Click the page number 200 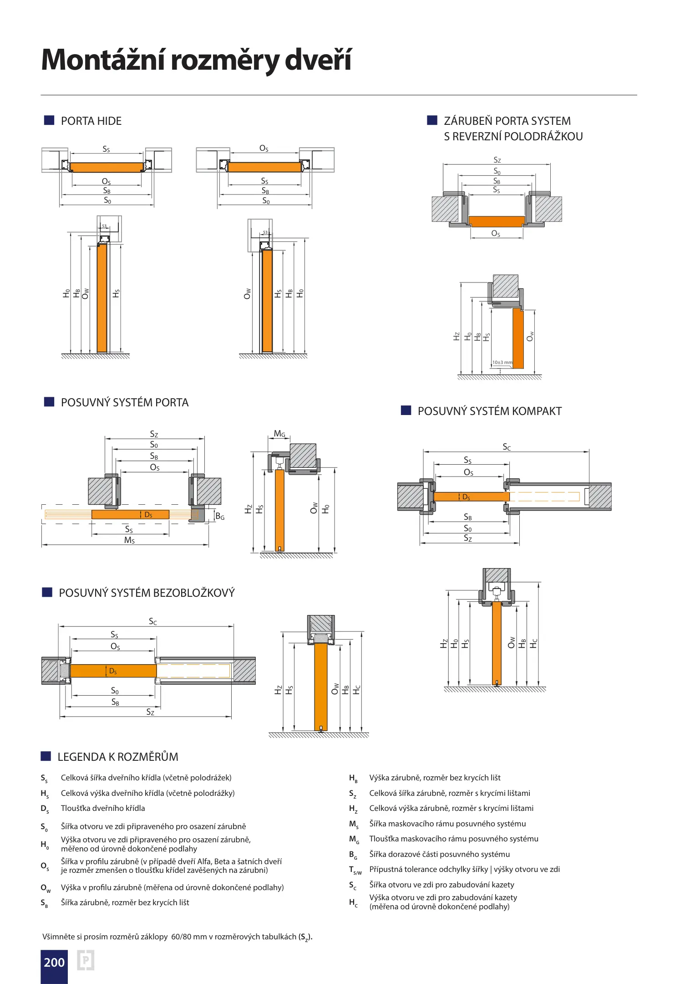click(54, 962)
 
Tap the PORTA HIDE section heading click(91, 121)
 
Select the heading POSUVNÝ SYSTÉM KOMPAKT click(489, 411)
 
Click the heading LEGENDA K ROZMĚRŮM click(118, 757)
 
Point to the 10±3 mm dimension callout click(502, 363)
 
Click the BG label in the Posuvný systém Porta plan click(220, 516)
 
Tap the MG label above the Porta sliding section click(279, 434)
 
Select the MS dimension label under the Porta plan click(129, 540)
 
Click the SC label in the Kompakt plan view click(507, 447)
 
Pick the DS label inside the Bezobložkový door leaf click(113, 671)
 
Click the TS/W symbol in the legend click(355, 870)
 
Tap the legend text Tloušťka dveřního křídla click(103, 809)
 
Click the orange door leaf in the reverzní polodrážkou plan click(497, 221)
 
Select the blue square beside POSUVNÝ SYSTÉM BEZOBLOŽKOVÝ click(47, 592)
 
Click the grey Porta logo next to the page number click(86, 960)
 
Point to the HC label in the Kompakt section click(534, 643)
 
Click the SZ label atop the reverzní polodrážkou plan click(497, 160)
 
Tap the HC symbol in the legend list click(353, 902)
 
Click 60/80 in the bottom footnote click(180, 937)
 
